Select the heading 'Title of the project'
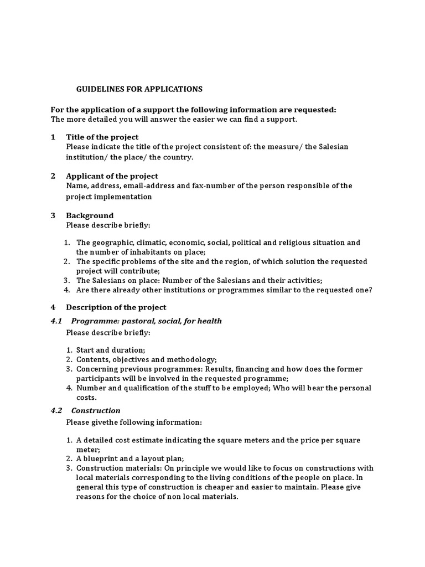(102, 137)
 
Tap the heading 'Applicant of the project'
(112, 176)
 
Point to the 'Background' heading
(90, 215)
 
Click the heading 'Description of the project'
(116, 307)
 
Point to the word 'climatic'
(151, 243)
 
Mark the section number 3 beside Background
(53, 215)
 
